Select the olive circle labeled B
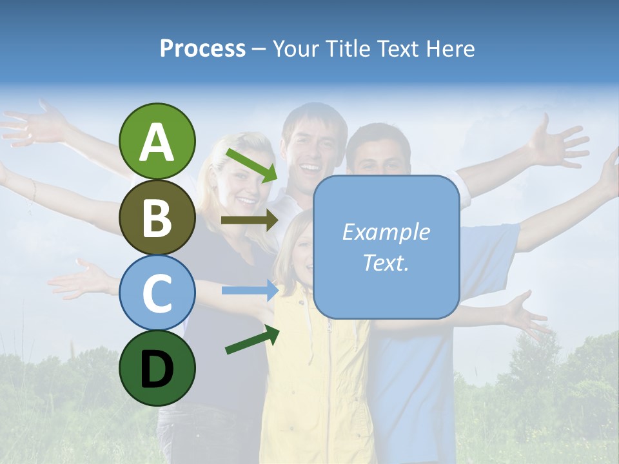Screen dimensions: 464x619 tap(157, 217)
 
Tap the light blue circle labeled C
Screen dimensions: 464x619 tap(157, 293)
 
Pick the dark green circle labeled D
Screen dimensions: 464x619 tap(157, 369)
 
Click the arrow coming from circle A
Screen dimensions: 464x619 tap(251, 164)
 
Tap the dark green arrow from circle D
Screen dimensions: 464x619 tap(252, 340)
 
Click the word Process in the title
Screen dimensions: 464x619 tap(202, 48)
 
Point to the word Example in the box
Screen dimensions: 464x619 tap(386, 232)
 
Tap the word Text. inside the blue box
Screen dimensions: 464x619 tap(386, 262)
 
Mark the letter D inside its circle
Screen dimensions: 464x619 tap(157, 370)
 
